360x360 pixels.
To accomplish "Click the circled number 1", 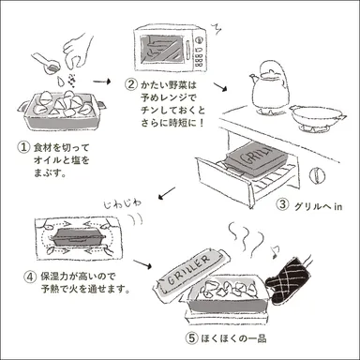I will click(21, 147).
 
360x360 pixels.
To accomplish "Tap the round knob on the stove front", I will click(320, 174).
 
